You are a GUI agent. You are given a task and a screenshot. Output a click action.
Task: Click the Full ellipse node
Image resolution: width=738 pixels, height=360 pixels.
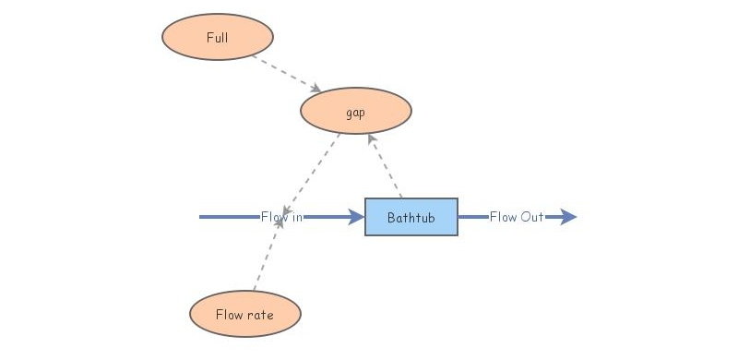(218, 38)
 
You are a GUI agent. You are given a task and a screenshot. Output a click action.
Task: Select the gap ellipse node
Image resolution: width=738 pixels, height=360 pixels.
(355, 112)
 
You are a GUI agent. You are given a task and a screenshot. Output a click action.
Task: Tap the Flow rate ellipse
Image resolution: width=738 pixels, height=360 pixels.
(244, 314)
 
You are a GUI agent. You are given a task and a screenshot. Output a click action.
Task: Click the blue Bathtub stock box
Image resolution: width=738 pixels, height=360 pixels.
(411, 218)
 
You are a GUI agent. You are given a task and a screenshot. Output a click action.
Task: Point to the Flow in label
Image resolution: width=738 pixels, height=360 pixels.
(281, 218)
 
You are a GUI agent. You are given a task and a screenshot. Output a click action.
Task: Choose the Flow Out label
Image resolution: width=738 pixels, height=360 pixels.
(517, 218)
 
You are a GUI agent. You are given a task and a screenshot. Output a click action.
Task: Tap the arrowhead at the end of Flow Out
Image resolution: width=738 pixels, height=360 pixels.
(568, 218)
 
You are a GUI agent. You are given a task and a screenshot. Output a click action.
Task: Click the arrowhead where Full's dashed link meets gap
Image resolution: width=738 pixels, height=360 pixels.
(315, 89)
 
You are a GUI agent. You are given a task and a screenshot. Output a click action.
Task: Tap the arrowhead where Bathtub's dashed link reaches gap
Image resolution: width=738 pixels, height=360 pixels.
(372, 138)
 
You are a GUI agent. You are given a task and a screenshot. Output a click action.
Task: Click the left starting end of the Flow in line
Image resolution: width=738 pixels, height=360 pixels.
(202, 218)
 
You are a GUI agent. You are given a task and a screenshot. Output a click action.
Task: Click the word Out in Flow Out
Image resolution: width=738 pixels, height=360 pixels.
(531, 218)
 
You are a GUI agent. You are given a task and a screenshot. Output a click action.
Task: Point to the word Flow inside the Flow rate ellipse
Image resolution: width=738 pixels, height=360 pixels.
(229, 315)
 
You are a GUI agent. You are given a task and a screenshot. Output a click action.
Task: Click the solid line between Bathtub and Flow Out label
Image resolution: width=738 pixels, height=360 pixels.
(472, 218)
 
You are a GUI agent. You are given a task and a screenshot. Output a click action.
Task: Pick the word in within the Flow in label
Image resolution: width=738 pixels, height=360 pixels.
(296, 218)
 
